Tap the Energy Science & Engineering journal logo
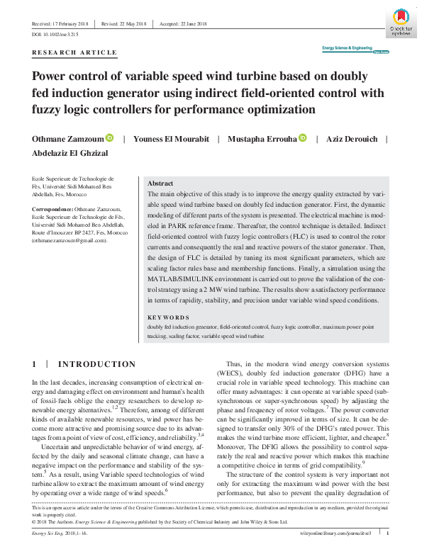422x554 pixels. coord(347,49)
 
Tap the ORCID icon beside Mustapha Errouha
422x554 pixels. coord(303,138)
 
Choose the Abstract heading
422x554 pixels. coord(160,182)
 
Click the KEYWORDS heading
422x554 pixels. coord(168,318)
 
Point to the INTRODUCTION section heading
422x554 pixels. coord(96,364)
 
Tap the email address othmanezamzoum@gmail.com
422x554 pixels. coord(69,240)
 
